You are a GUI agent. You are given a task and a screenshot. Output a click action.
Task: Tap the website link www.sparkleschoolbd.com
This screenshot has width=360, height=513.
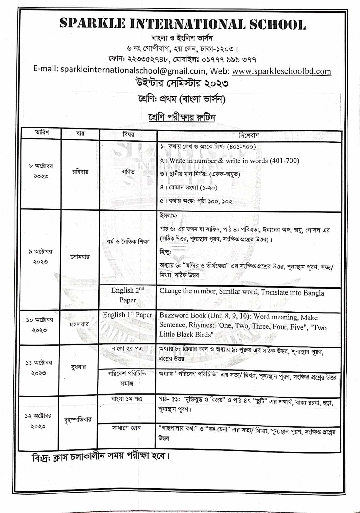pyautogui.click(x=281, y=71)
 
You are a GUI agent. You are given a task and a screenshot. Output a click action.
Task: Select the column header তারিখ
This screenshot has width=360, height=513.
pyautogui.click(x=42, y=132)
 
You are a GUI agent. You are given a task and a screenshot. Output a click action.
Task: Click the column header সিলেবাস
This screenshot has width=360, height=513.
pyautogui.click(x=249, y=136)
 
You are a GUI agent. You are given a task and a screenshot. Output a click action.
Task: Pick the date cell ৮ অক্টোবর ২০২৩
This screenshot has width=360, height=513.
pyautogui.click(x=41, y=171)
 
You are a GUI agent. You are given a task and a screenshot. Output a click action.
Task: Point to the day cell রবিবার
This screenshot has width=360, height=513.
pyautogui.click(x=80, y=172)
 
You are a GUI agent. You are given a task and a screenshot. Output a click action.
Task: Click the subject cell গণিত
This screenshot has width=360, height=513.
pyautogui.click(x=128, y=172)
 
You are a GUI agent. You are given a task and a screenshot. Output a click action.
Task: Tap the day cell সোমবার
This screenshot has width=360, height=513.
pyautogui.click(x=80, y=257)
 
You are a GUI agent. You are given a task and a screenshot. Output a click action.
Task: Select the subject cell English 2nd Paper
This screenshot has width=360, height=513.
pyautogui.click(x=127, y=295)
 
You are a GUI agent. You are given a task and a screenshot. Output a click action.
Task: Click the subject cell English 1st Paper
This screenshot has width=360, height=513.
pyautogui.click(x=127, y=315)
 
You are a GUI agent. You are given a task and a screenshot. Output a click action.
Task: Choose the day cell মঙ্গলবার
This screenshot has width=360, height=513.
pyautogui.click(x=79, y=324)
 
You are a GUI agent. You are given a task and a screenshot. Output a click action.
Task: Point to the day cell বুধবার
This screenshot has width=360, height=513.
pyautogui.click(x=78, y=367)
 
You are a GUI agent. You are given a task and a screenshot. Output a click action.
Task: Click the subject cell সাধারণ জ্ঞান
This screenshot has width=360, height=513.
pyautogui.click(x=126, y=428)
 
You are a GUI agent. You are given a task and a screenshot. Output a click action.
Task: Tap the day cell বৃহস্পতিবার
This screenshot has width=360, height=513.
pyautogui.click(x=78, y=420)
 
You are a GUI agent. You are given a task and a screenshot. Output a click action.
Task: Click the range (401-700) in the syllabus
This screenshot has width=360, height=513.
pyautogui.click(x=284, y=161)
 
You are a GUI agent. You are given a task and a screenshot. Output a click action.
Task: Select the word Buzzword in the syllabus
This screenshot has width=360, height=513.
pyautogui.click(x=174, y=315)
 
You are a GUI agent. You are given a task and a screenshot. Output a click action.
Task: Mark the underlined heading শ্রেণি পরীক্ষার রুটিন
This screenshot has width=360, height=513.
pyautogui.click(x=182, y=117)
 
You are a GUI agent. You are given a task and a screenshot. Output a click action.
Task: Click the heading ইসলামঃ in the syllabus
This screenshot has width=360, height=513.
pyautogui.click(x=169, y=216)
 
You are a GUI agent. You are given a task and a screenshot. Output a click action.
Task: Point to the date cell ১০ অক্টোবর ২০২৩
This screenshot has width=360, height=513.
pyautogui.click(x=40, y=325)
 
